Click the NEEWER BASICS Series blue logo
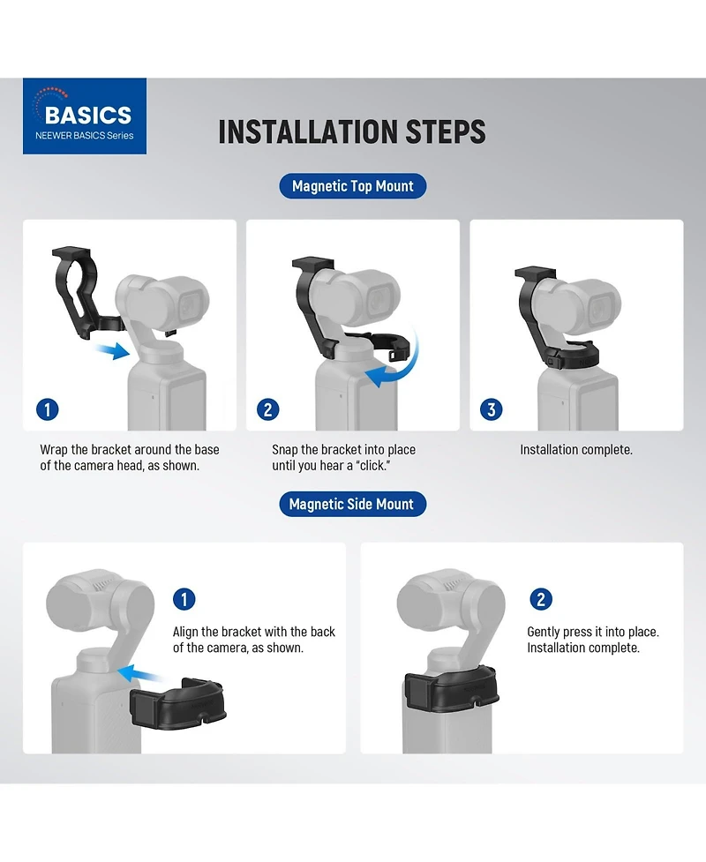(85, 116)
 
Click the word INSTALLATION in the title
(307, 132)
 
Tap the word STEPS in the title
(446, 132)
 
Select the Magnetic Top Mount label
(352, 186)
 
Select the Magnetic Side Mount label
(352, 504)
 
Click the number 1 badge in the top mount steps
(48, 409)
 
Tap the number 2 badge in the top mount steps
(267, 409)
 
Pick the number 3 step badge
(491, 409)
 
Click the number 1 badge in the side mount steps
(184, 599)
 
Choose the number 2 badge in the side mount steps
(541, 599)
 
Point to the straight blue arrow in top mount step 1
(112, 350)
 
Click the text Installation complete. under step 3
(576, 450)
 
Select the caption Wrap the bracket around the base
(130, 450)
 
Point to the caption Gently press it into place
(593, 632)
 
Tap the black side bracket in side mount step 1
(178, 700)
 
